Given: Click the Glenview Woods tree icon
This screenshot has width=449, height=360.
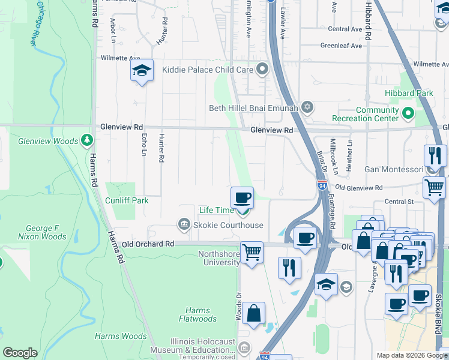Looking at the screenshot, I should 88,140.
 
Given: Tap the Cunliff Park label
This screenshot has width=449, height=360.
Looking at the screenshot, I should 126,200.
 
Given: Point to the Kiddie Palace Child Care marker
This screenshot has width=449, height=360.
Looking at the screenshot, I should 262,70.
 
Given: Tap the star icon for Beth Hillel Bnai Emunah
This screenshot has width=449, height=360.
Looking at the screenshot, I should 307,108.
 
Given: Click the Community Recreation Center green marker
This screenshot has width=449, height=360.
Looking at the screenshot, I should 408,113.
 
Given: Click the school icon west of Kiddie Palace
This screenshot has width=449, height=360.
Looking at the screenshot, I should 142,71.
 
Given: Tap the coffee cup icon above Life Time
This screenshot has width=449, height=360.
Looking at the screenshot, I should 243,197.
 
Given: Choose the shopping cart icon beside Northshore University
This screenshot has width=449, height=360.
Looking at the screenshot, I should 252,252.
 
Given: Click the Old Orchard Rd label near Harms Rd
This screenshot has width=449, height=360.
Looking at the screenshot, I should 147,244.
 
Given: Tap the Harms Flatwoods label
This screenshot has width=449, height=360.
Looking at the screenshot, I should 197,314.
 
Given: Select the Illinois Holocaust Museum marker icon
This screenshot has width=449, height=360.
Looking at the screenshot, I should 244,347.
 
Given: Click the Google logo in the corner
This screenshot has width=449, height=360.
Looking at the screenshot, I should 20,353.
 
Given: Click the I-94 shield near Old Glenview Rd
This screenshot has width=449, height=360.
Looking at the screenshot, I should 322,186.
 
